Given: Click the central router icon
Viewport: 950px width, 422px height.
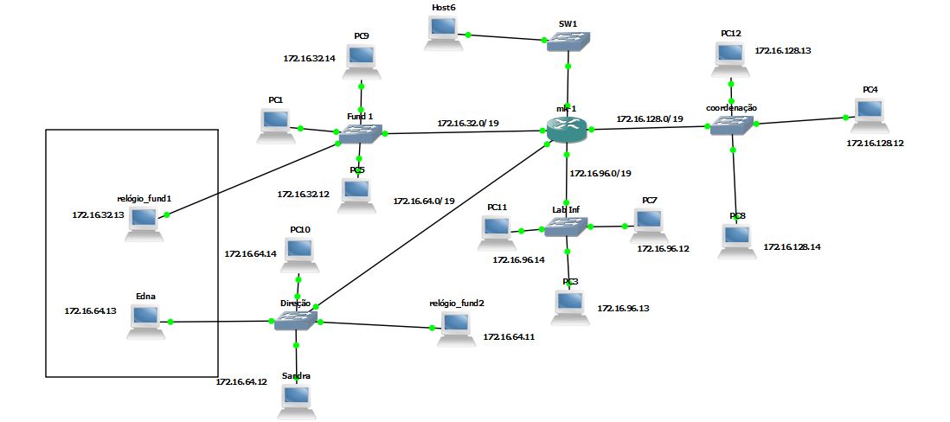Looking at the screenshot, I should (x=567, y=129).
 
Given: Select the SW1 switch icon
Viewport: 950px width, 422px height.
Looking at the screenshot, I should (x=568, y=42).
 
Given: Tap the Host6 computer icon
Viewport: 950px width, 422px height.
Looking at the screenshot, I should (x=443, y=31).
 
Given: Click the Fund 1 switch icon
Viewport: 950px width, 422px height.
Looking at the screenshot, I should (x=360, y=132).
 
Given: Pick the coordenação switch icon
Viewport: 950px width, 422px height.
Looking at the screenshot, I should (x=732, y=126).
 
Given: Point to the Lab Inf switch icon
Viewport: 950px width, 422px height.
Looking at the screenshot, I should (x=566, y=227).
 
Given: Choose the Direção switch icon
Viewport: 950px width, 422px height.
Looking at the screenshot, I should (x=296, y=321).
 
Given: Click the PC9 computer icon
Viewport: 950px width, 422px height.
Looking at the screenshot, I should (x=361, y=59).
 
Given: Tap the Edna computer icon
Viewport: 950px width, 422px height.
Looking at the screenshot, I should (x=144, y=320).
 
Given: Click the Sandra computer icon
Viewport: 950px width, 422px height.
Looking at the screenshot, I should (x=296, y=398).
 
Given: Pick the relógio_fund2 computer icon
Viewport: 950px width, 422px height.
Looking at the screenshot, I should (x=455, y=327).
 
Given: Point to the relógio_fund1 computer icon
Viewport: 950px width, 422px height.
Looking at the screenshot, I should (x=144, y=221).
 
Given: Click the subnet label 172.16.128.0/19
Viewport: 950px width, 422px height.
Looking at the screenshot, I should (x=650, y=118).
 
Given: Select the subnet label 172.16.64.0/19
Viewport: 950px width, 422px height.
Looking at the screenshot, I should (x=424, y=201).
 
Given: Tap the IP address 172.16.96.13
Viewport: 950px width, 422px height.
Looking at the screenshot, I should (x=623, y=308).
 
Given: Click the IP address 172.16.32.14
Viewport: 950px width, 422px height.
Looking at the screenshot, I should (x=309, y=59).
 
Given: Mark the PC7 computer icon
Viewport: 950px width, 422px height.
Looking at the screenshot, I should (x=648, y=223).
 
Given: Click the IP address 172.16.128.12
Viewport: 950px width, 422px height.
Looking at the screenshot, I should (x=875, y=143).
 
